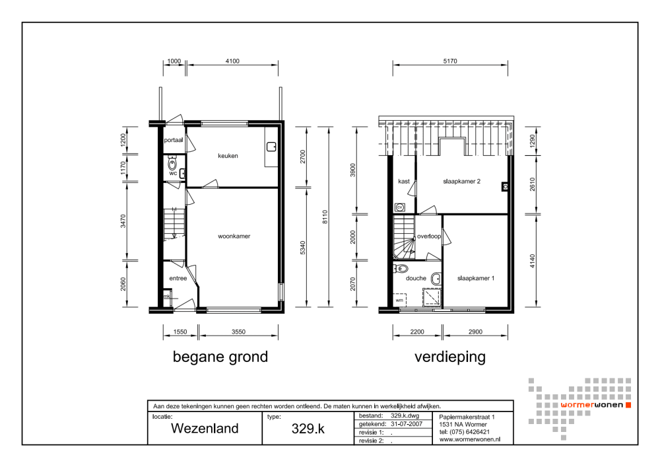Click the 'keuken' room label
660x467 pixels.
coord(228,156)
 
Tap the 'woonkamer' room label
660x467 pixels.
coord(235,236)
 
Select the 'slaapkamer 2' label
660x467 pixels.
coord(463,182)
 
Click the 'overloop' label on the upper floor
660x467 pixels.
coord(429,236)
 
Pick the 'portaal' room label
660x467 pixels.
coord(174,140)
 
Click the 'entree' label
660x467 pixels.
coord(178,278)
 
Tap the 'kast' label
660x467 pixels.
coord(404,182)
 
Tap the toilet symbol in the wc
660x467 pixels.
coord(172,164)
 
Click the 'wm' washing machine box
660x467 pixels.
coord(399,300)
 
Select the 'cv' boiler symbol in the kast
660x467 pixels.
coord(399,207)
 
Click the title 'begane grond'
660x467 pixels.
coord(220,357)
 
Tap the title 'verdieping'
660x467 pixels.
coord(450,357)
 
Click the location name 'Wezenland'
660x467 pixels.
coord(205,428)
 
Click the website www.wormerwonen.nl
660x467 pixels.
coord(469,439)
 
